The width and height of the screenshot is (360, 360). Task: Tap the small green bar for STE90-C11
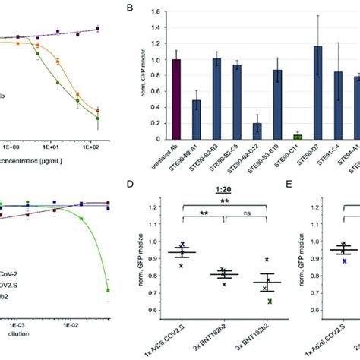coord(276,137)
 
